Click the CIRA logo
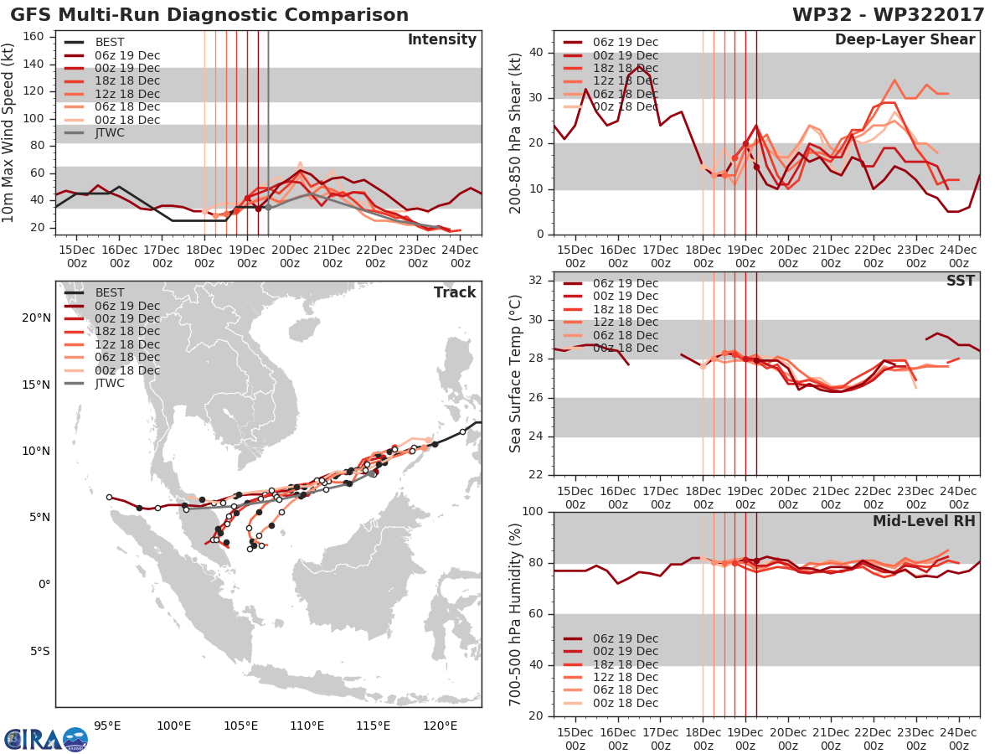(x=46, y=738)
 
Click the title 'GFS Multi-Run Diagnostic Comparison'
(x=209, y=14)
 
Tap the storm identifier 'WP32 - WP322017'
(x=888, y=14)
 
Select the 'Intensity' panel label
(x=442, y=40)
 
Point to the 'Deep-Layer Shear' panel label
(x=904, y=40)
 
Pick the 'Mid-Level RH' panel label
(x=924, y=521)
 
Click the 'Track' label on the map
(x=455, y=292)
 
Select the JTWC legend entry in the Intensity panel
(x=95, y=132)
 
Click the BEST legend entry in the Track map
(x=95, y=292)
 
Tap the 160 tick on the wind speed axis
(x=33, y=37)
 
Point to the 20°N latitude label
(x=36, y=318)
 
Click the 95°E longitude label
(x=107, y=726)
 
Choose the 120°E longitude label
(x=440, y=726)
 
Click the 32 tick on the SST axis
(x=535, y=280)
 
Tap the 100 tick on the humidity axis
(x=533, y=511)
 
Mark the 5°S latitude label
(x=40, y=651)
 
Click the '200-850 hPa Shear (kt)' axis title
(x=515, y=133)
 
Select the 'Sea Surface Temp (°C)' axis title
(x=515, y=374)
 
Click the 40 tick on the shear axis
(x=536, y=52)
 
